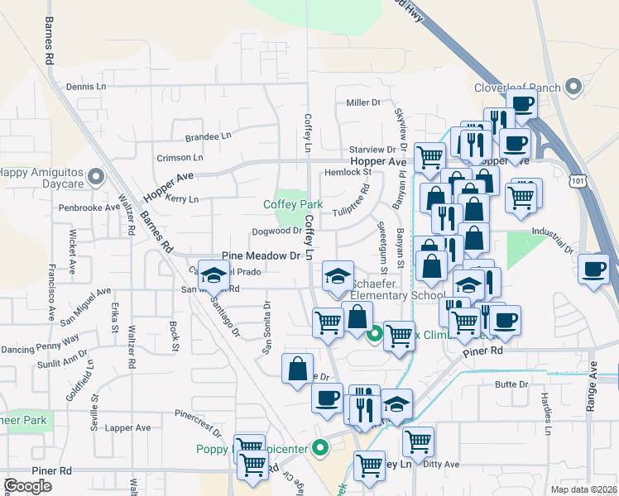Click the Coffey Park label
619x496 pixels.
point(293,204)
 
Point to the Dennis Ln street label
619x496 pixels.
point(87,86)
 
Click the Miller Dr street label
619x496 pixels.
point(362,103)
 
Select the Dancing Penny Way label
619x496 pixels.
point(40,339)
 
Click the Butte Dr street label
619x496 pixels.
point(511,384)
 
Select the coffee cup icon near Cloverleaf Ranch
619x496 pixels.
point(522,104)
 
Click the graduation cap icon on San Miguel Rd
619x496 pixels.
point(215,276)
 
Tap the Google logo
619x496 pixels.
point(27,486)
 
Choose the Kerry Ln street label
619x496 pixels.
point(182,199)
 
